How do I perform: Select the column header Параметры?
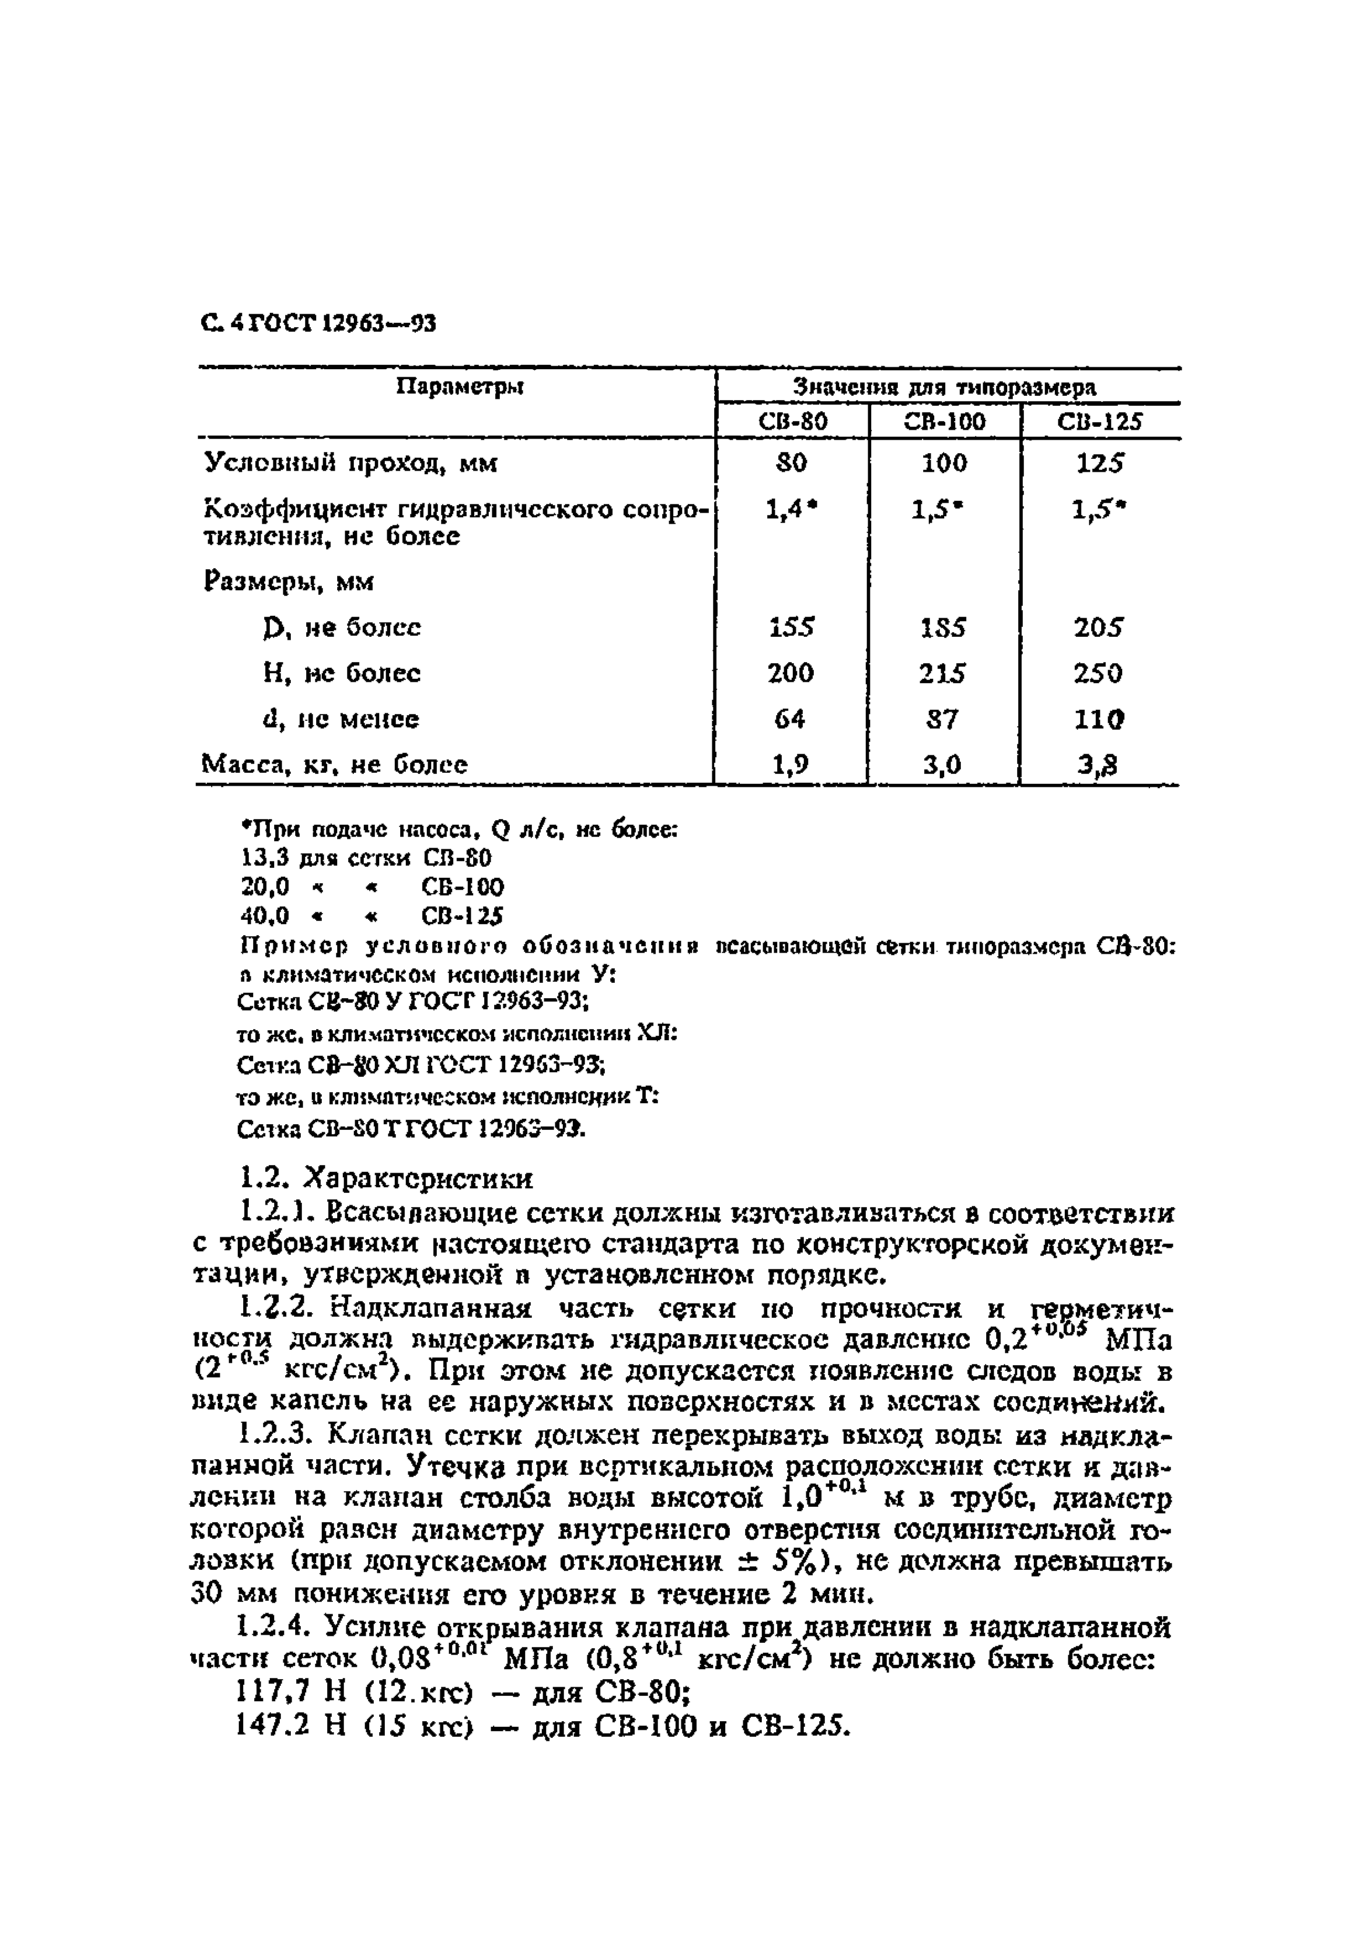[459, 387]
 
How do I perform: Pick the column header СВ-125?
[1099, 421]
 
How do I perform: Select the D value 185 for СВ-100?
[944, 627]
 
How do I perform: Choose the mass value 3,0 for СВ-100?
[942, 764]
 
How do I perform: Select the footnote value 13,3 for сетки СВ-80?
[265, 858]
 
